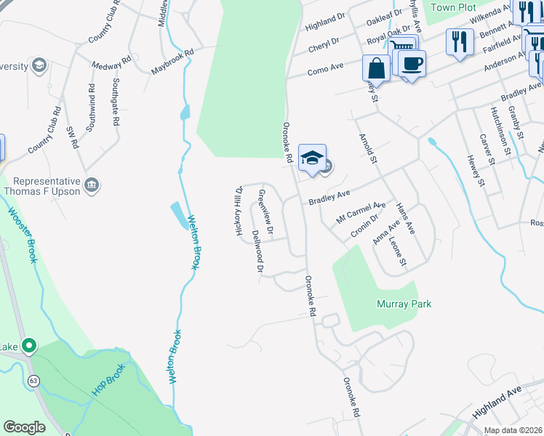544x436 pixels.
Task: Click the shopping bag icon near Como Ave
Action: point(377,69)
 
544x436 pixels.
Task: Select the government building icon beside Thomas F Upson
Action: point(92,187)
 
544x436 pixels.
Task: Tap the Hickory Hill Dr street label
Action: point(238,211)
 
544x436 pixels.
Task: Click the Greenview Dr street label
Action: point(265,212)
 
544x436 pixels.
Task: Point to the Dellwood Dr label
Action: point(257,251)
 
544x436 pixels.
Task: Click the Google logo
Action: point(25,427)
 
